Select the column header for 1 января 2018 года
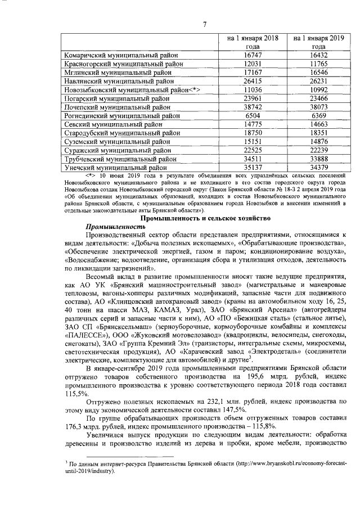pyautogui.click(x=253, y=42)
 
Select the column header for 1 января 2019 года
pyautogui.click(x=318, y=42)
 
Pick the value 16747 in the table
pyautogui.click(x=253, y=56)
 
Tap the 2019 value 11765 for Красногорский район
pyautogui.click(x=318, y=64)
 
